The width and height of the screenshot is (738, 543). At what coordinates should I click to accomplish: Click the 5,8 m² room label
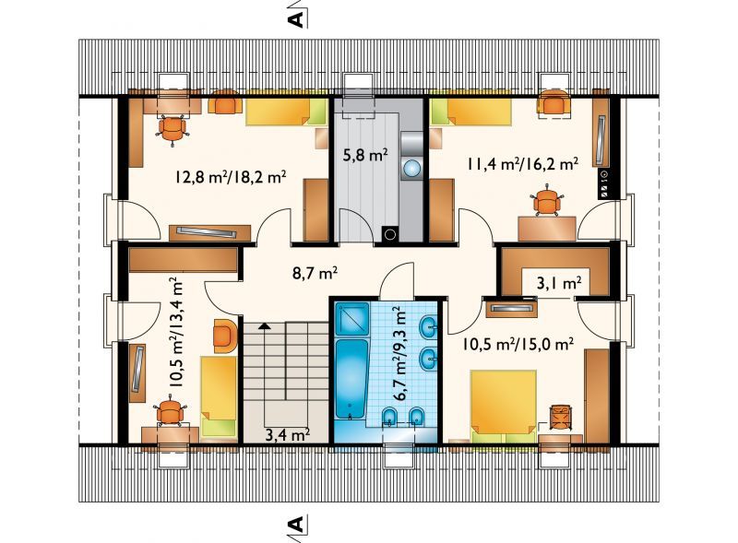[365, 155]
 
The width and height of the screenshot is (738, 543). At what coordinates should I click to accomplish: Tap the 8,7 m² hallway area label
[315, 273]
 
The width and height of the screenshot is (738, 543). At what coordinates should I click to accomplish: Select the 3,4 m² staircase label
[287, 434]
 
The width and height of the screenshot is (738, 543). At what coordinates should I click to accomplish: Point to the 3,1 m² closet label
[559, 283]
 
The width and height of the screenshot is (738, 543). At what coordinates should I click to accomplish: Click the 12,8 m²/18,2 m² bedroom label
[231, 177]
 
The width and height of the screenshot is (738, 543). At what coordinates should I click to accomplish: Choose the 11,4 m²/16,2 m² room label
[522, 164]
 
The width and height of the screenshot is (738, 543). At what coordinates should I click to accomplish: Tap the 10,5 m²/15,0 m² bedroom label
[518, 344]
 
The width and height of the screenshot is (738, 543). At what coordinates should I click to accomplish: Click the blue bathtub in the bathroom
[351, 378]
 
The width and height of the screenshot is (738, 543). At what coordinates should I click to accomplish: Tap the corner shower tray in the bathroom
[351, 319]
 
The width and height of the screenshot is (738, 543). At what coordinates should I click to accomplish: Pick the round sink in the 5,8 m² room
[412, 169]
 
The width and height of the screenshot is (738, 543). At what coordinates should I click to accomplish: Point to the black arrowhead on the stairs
[265, 325]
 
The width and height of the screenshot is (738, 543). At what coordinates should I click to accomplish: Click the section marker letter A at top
[296, 19]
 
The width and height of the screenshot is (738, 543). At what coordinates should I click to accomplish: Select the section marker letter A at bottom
[296, 524]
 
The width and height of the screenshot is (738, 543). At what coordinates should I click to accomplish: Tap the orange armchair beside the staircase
[224, 336]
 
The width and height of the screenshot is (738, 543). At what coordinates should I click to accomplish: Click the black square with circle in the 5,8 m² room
[390, 234]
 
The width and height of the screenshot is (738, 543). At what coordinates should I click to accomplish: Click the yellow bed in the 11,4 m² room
[471, 113]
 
